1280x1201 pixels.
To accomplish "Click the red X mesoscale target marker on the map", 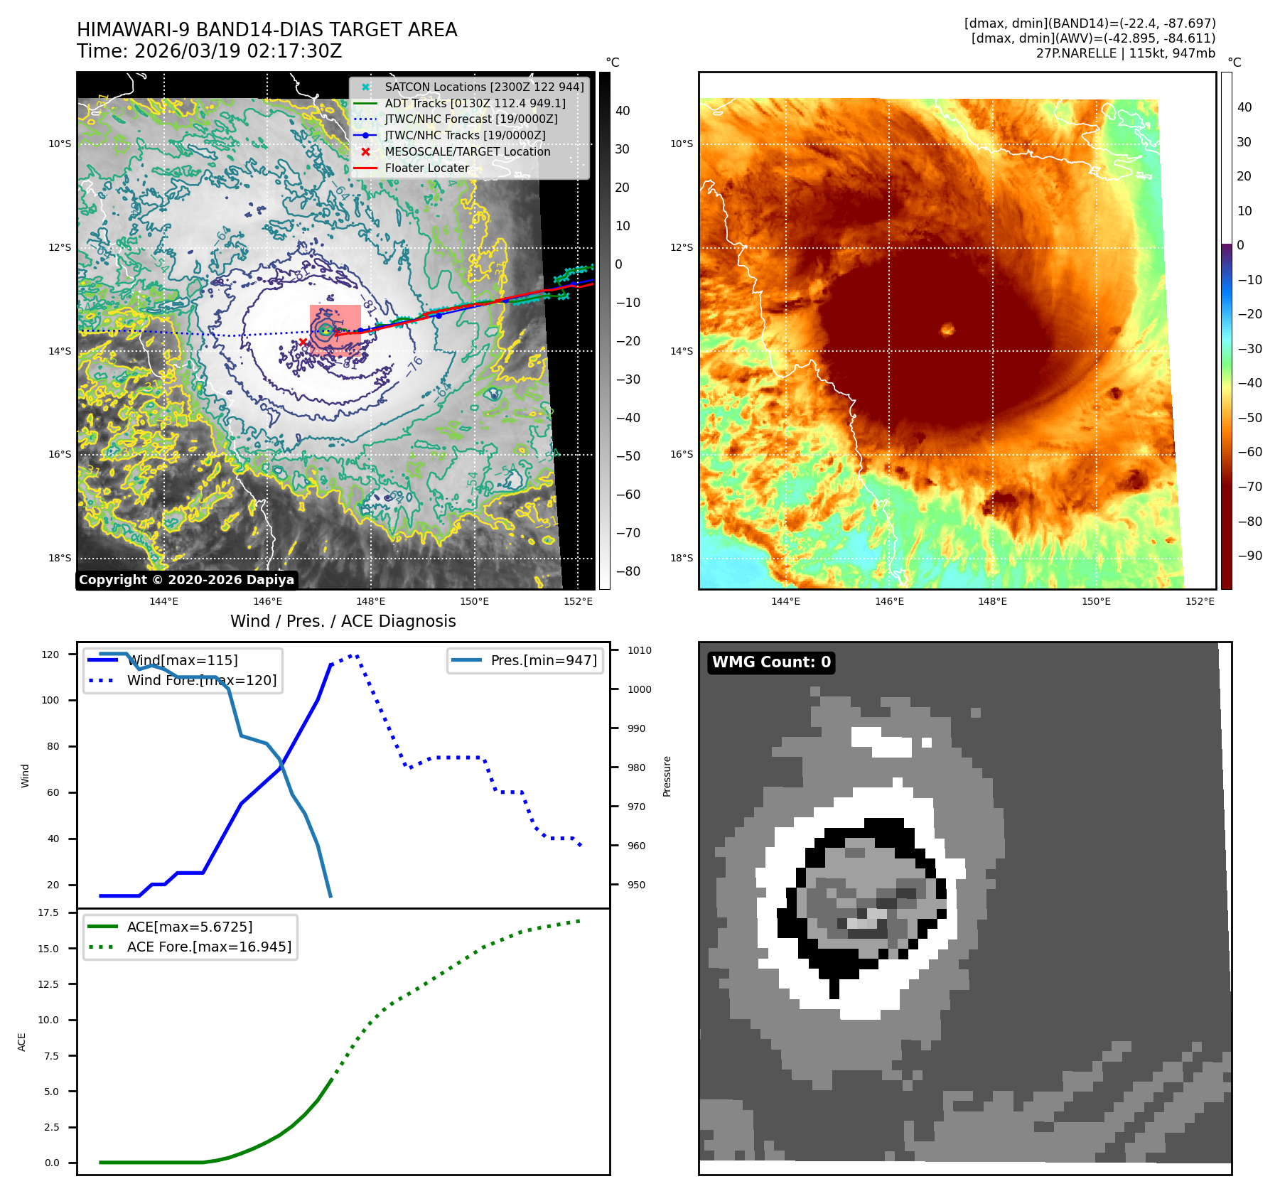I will pos(303,342).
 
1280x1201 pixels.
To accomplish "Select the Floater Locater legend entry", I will pos(426,168).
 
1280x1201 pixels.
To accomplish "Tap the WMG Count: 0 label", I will pos(771,662).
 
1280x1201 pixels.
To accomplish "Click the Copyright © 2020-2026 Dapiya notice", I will pos(186,580).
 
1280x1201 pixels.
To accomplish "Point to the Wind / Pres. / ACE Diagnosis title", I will pos(343,621).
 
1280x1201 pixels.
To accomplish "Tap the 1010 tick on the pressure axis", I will pos(639,650).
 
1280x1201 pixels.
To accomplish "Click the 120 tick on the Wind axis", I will pos(50,655).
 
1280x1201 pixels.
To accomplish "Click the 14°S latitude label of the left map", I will pos(60,351).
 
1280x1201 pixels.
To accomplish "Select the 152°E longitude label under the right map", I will pos(1200,601).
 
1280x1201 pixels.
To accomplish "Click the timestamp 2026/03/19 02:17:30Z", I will pos(238,52).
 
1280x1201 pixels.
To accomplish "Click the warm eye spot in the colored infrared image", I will pos(947,328).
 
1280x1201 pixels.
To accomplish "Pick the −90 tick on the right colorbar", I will pos(1249,556).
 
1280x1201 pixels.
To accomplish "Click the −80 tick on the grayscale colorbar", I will pos(628,571).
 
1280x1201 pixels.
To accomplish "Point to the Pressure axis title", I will pos(667,776).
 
